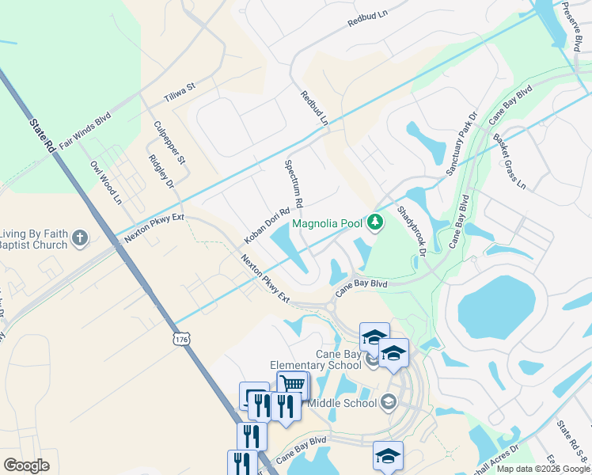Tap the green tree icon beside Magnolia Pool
(x=377, y=223)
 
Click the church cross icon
(x=80, y=237)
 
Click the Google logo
(x=26, y=465)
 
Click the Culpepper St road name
(x=169, y=142)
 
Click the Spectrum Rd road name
(x=294, y=184)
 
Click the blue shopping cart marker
(x=293, y=385)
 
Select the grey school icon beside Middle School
(x=388, y=403)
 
